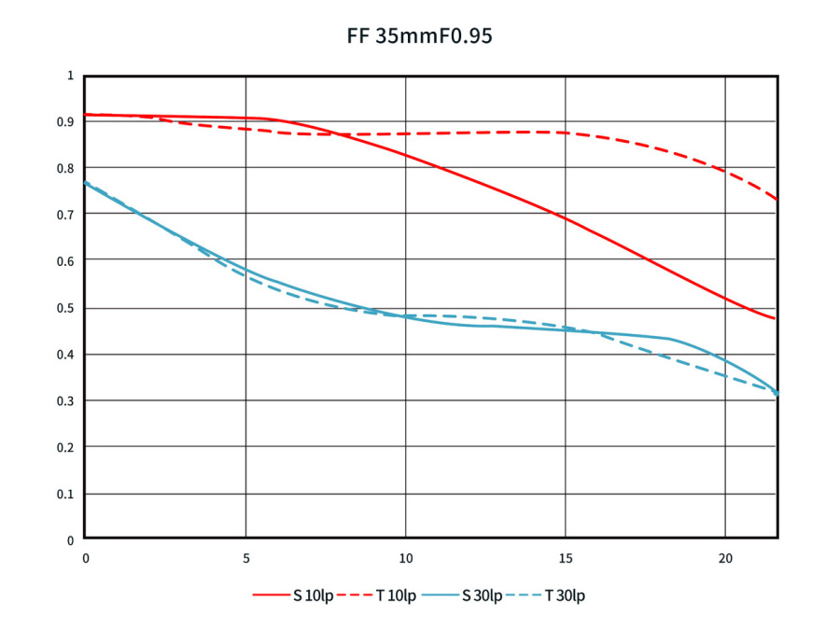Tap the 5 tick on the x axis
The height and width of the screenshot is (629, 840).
coord(245,558)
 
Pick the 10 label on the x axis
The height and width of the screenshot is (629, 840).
coord(405,558)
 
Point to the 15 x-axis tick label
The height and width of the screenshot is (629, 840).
coord(565,558)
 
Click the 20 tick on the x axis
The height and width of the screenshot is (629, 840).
coord(725,558)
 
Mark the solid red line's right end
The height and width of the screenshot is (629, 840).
coord(776,319)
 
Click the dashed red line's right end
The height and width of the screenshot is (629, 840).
coord(776,199)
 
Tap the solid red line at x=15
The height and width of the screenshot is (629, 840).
coord(565,218)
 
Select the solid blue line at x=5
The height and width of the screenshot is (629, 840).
coord(245,271)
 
